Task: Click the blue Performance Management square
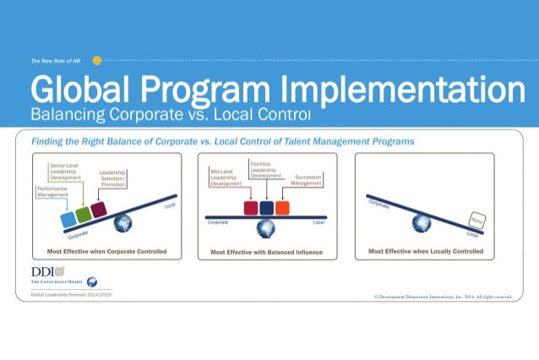click(68, 220)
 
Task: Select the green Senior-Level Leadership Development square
click(84, 215)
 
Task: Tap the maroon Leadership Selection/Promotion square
click(99, 210)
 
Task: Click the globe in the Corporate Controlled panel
click(123, 222)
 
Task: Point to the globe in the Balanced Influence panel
click(267, 226)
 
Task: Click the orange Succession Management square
click(282, 208)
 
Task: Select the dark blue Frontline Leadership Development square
click(266, 208)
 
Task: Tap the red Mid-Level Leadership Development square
click(251, 208)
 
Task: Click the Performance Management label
click(52, 191)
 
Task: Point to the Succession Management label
click(306, 179)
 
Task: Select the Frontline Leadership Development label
click(266, 167)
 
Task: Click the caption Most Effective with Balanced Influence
click(267, 252)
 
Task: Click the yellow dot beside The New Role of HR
click(96, 61)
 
